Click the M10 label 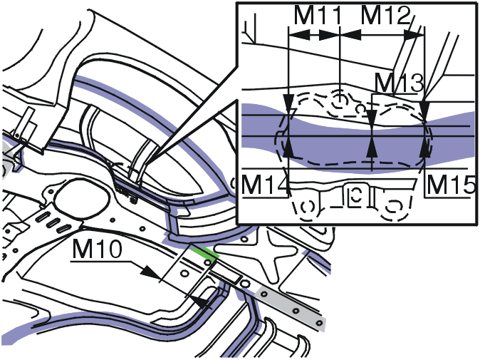(x=97, y=249)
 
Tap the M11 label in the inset (x=317, y=15)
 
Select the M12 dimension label (x=385, y=15)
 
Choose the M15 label (x=451, y=185)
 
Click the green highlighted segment (x=204, y=253)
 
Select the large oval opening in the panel (x=81, y=198)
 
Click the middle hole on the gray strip (x=296, y=311)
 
